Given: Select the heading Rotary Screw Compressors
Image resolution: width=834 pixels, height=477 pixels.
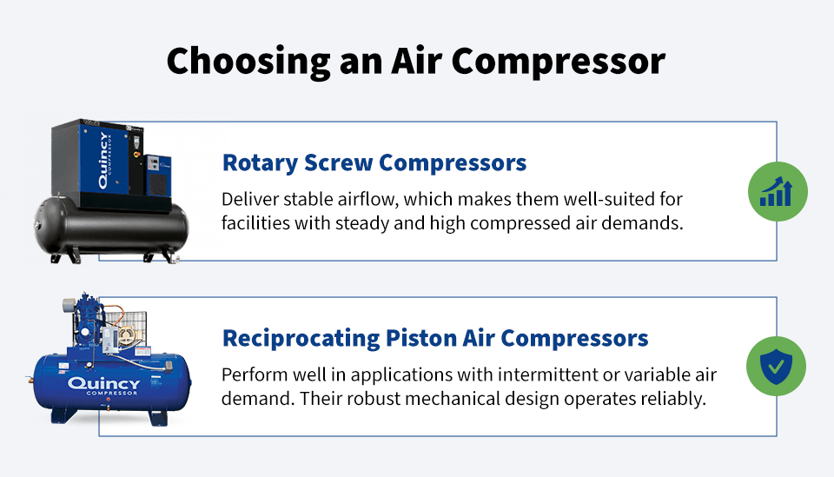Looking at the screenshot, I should click(x=374, y=163).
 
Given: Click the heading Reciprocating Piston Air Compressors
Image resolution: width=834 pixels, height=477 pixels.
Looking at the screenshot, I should click(x=435, y=337).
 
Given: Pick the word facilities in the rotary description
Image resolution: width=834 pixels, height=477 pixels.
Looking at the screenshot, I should click(x=253, y=222).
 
